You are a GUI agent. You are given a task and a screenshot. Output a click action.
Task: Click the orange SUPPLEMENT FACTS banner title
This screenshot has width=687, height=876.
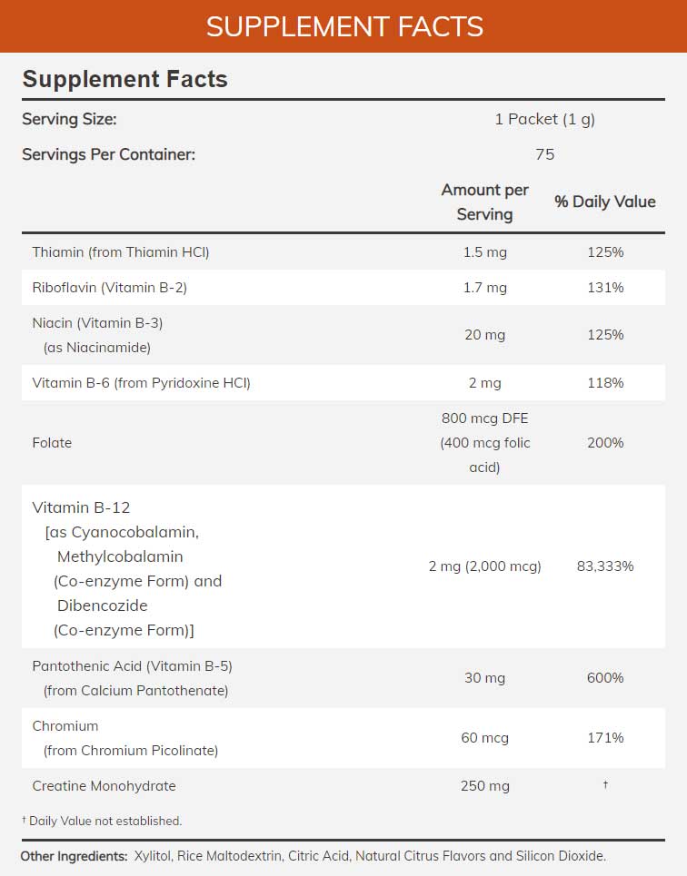[x=343, y=26]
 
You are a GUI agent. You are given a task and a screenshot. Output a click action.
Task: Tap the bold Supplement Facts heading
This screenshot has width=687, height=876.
[x=124, y=79]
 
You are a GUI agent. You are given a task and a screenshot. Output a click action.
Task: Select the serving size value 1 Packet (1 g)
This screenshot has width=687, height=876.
[x=544, y=119]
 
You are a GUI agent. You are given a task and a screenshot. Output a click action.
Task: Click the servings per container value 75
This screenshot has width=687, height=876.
[x=544, y=154]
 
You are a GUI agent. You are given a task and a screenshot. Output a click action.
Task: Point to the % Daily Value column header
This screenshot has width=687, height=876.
[x=604, y=202]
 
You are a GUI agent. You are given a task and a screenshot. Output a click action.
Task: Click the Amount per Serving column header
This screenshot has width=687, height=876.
[x=484, y=202]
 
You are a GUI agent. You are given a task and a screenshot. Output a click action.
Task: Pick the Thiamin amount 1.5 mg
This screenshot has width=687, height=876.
[x=484, y=252]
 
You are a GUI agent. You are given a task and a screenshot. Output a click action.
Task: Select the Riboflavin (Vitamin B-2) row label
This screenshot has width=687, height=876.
[x=109, y=288]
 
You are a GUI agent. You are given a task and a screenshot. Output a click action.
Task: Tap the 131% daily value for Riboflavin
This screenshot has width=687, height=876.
[x=605, y=288]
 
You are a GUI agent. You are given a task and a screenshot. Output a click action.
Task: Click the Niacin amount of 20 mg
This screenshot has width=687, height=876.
[x=484, y=335]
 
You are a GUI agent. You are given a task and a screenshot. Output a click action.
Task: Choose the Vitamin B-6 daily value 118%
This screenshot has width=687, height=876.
[x=605, y=383]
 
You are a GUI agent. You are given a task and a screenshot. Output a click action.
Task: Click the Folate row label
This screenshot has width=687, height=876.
[x=52, y=443]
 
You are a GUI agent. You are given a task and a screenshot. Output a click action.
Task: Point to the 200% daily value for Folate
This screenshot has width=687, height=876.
[x=605, y=443]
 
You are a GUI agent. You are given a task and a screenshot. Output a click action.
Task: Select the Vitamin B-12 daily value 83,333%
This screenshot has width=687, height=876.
[x=605, y=566]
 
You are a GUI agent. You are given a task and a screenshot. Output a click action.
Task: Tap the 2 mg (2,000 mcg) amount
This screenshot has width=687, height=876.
[x=484, y=566]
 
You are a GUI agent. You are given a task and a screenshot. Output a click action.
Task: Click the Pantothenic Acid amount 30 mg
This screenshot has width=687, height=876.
[x=484, y=678]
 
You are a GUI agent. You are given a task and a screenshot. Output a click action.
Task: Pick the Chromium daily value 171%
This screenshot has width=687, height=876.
[x=605, y=738]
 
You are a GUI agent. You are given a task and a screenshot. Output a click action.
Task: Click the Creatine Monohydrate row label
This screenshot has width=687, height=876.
[x=104, y=786]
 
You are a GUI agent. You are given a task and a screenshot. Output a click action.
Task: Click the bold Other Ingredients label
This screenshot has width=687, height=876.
[x=74, y=856]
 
